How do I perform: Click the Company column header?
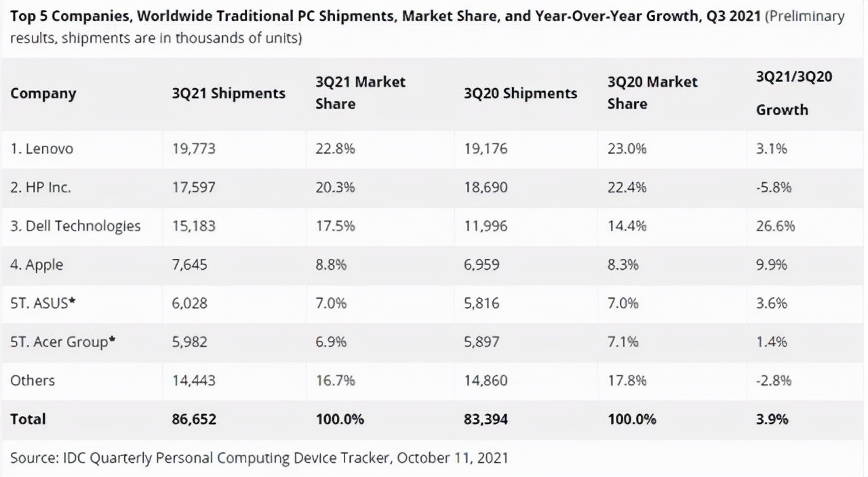(x=43, y=94)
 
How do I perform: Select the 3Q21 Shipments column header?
(x=229, y=94)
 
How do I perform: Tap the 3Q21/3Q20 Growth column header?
(x=793, y=93)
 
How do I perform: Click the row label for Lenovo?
(x=41, y=149)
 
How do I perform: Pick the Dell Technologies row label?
(x=75, y=226)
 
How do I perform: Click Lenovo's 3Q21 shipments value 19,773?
(x=193, y=149)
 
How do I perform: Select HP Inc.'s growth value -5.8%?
(x=774, y=188)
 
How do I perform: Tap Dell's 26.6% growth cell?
(x=775, y=226)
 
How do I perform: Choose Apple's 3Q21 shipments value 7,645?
(x=190, y=264)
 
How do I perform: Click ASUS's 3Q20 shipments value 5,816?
(x=481, y=303)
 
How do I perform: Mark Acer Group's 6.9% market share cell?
(x=331, y=342)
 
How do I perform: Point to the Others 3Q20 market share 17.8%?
(x=624, y=381)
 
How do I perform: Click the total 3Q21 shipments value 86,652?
(x=194, y=419)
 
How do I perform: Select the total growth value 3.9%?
(x=772, y=419)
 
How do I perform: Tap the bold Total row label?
(x=28, y=419)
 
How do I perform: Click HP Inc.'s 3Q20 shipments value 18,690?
(x=486, y=188)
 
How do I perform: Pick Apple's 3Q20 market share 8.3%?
(x=623, y=264)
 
